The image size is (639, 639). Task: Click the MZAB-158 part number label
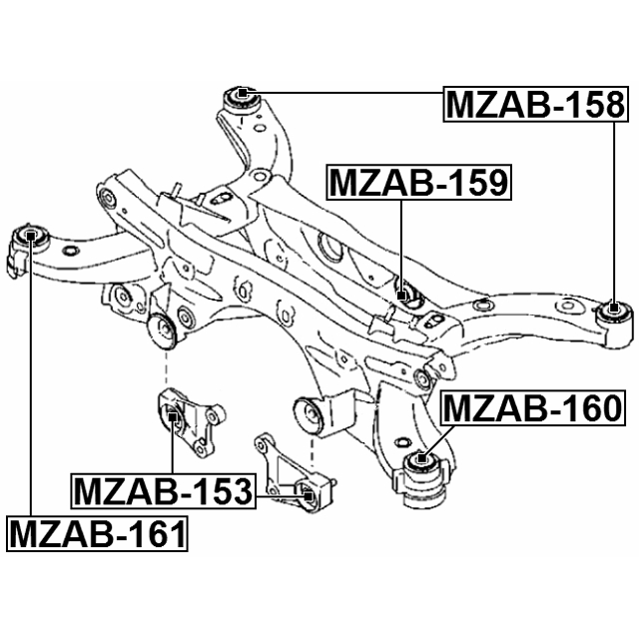click(x=535, y=104)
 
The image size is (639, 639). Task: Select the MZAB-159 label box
click(x=418, y=183)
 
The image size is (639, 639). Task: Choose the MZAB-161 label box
click(x=98, y=534)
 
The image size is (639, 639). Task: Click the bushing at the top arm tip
click(x=241, y=96)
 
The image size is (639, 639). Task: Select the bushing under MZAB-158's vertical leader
click(x=614, y=313)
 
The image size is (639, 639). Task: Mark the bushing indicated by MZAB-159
click(x=403, y=294)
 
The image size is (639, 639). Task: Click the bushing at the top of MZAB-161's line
click(x=31, y=238)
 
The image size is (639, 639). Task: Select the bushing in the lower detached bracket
click(x=310, y=492)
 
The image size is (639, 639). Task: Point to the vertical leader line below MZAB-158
click(x=613, y=210)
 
